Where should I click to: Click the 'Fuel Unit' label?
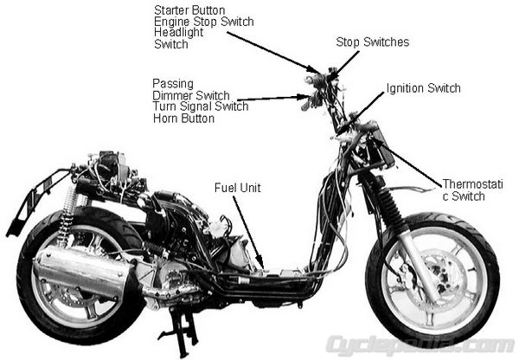tap(237, 188)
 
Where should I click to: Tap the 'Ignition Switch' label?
tap(423, 88)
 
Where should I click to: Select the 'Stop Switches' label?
tap(372, 42)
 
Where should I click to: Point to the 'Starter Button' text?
tap(189, 10)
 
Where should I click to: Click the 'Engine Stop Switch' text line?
tap(204, 22)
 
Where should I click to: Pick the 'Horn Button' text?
tap(183, 119)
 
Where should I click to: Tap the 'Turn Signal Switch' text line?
tap(201, 106)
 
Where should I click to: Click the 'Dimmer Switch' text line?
tap(191, 95)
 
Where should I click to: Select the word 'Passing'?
tap(173, 84)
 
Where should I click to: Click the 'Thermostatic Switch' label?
tap(472, 190)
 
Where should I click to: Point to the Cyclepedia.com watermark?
tap(420, 345)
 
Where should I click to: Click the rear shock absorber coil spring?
tap(67, 212)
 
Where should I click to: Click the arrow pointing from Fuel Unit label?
tap(248, 232)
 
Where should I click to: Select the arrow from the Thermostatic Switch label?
tap(407, 160)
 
